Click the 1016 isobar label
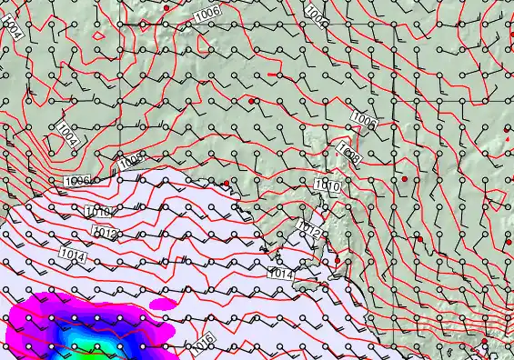(x=202, y=345)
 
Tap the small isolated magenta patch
(x=162, y=303)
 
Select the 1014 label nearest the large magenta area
(x=75, y=258)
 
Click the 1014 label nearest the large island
(x=280, y=272)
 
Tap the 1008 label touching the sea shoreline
(x=131, y=162)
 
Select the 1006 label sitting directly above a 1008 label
(x=364, y=120)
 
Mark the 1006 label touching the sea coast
(x=77, y=181)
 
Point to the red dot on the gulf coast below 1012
(x=337, y=261)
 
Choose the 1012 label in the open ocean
(x=106, y=234)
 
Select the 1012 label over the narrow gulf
(x=309, y=230)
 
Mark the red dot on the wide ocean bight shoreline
(x=227, y=184)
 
